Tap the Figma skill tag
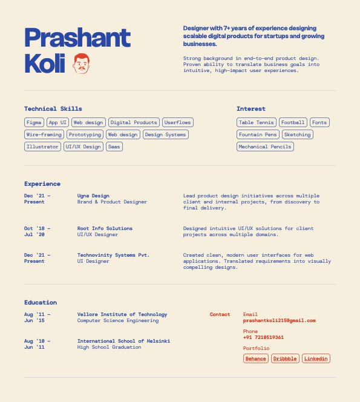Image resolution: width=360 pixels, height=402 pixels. [x=34, y=122]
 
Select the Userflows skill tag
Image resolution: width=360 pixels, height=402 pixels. [x=178, y=122]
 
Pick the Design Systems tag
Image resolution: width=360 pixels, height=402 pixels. [x=166, y=134]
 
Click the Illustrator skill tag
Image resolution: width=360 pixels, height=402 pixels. [x=43, y=147]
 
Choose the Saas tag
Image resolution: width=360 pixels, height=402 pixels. [x=114, y=147]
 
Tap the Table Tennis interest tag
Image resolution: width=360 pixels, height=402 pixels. [x=257, y=122]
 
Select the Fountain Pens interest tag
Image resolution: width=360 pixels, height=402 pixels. [x=258, y=134]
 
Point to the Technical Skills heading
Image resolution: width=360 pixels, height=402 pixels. [x=53, y=109]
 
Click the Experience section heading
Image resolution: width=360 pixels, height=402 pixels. [x=42, y=183]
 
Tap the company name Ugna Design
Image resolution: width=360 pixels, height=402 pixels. [x=93, y=196]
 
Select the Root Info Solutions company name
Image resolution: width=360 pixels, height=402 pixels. [x=105, y=228]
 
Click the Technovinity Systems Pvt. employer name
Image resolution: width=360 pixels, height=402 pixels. [x=113, y=255]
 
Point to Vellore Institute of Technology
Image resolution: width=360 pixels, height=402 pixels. [x=122, y=314]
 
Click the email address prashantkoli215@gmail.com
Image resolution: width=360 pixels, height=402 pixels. [x=280, y=321]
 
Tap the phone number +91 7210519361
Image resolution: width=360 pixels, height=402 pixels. [x=263, y=338]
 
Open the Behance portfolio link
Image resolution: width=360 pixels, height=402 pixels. [x=256, y=358]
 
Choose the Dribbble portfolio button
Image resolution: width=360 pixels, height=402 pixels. [x=285, y=358]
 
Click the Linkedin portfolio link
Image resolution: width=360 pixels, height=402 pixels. [x=316, y=358]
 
